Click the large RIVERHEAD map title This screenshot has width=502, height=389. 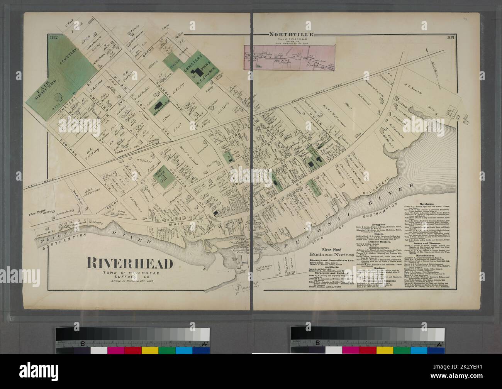click(129, 264)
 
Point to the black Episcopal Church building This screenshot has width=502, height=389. click(158, 107)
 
